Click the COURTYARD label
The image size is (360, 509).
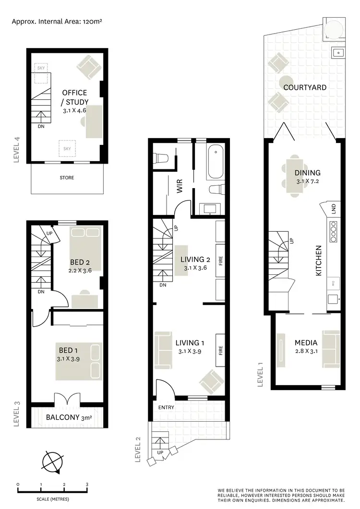[304, 87]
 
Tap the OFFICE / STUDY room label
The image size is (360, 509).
[74, 97]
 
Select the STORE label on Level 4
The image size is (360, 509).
[67, 178]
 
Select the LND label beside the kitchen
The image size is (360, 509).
[333, 209]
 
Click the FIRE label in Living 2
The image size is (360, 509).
[220, 261]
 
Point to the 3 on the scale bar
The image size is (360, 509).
[87, 485]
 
